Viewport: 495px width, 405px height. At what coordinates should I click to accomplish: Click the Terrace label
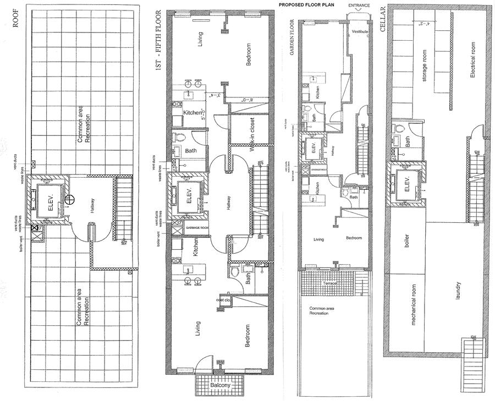click(x=330, y=283)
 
